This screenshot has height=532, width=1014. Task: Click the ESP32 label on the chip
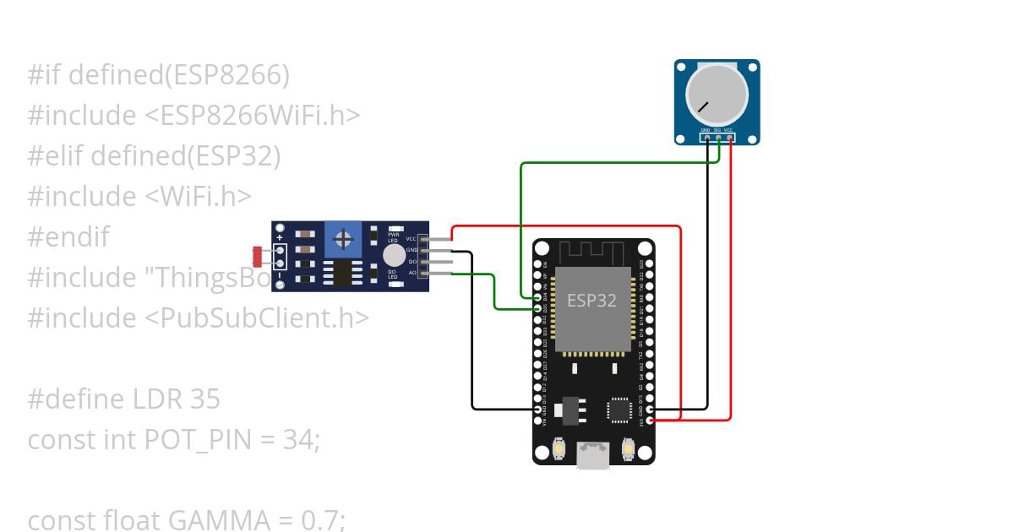[x=591, y=301]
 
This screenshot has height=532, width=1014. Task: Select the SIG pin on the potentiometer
[x=717, y=138]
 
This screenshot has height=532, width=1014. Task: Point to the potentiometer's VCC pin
[x=728, y=138]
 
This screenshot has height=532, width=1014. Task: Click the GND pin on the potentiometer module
[x=706, y=138]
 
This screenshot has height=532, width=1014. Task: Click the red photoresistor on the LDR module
[x=258, y=252]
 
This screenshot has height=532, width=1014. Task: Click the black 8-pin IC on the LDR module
[x=342, y=272]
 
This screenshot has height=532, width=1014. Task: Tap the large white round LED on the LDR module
[x=394, y=256]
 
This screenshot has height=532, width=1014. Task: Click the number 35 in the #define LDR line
[x=206, y=399]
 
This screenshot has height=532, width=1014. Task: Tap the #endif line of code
[x=68, y=236]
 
